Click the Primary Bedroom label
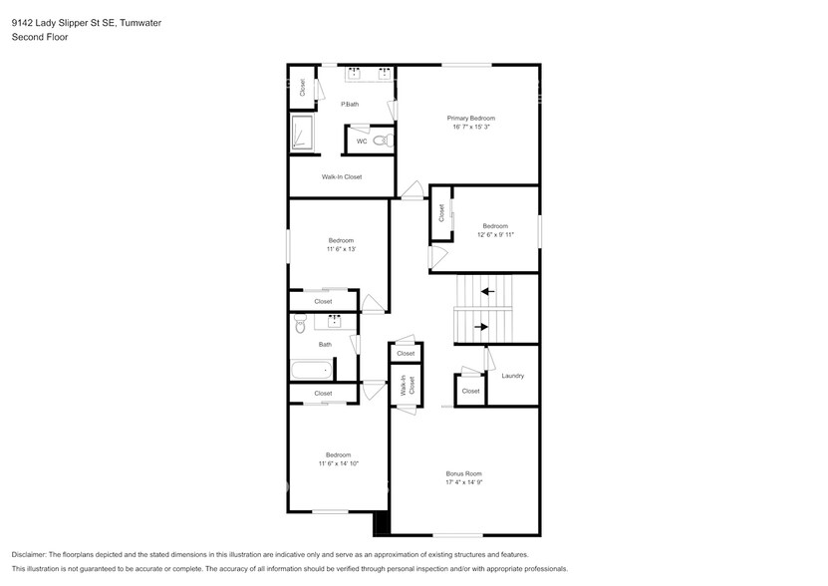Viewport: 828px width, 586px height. tap(471, 118)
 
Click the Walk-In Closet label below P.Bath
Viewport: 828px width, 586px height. tap(341, 176)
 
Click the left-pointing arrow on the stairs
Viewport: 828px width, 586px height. tap(487, 291)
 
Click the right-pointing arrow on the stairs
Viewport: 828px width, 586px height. tap(481, 326)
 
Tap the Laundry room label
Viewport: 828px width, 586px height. tap(512, 376)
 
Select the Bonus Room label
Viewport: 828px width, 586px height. tap(463, 473)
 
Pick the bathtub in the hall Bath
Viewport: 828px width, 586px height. tap(311, 370)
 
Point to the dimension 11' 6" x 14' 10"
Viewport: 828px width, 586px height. tap(338, 463)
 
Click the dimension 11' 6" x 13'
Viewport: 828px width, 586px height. tap(341, 249)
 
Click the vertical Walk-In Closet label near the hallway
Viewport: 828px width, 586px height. tap(405, 386)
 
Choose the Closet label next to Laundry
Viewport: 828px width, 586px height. tap(470, 391)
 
